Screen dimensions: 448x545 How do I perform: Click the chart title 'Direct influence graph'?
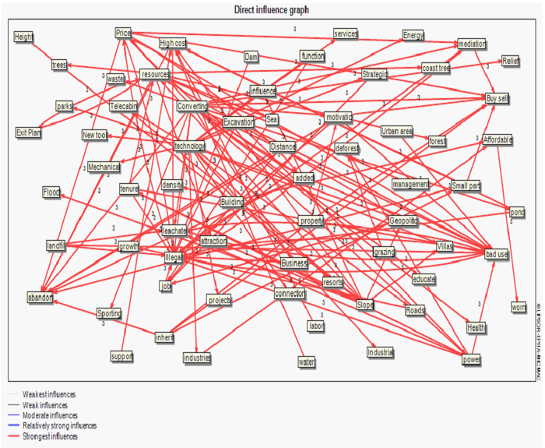(272, 9)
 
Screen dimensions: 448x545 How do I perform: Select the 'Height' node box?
(24, 37)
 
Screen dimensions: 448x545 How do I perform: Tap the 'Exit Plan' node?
(28, 132)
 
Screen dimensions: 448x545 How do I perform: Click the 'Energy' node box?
(413, 35)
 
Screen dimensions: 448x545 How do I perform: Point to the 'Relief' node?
(511, 61)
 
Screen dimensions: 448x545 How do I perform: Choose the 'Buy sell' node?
(497, 99)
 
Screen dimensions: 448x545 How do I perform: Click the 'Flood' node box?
(51, 192)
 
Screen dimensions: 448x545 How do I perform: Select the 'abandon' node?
(40, 297)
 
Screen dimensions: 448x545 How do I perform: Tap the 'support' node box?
(122, 356)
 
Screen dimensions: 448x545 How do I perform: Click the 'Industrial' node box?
(381, 352)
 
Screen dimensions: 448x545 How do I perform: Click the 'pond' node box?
(517, 213)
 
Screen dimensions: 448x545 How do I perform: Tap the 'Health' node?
(476, 327)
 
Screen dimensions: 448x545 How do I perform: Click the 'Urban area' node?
(396, 130)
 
